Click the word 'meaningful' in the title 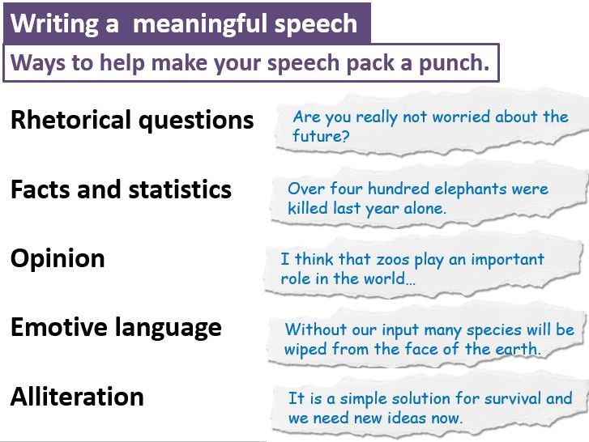click(201, 25)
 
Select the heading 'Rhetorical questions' click(132, 121)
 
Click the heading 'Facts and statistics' click(121, 189)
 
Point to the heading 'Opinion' click(58, 260)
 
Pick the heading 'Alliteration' click(77, 396)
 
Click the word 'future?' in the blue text click(321, 136)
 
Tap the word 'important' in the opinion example click(507, 260)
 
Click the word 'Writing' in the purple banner click(55, 25)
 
